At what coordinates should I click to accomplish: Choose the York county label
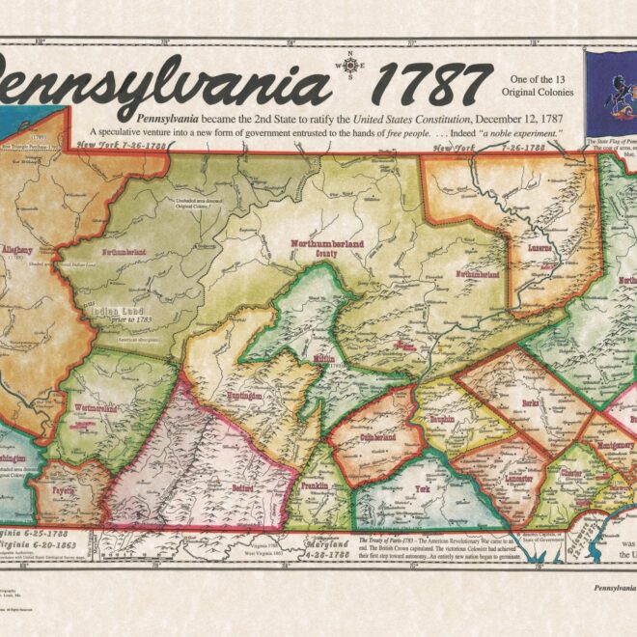click(x=424, y=489)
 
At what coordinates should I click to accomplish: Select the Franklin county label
click(x=314, y=486)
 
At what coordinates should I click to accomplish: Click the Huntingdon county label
click(x=245, y=396)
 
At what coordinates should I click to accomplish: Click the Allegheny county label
click(x=19, y=250)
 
